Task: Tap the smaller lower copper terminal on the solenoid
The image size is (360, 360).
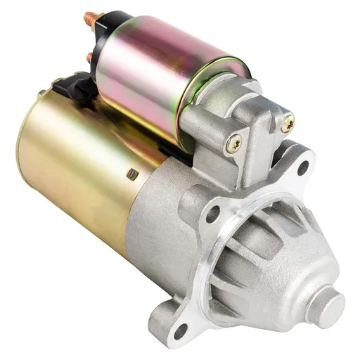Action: point(89,56)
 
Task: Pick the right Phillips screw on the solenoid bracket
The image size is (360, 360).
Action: point(287,124)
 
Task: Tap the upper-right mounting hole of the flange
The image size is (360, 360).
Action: point(303,167)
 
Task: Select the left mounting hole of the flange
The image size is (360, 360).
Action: point(211,215)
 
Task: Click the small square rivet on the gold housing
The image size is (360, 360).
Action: point(131,174)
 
